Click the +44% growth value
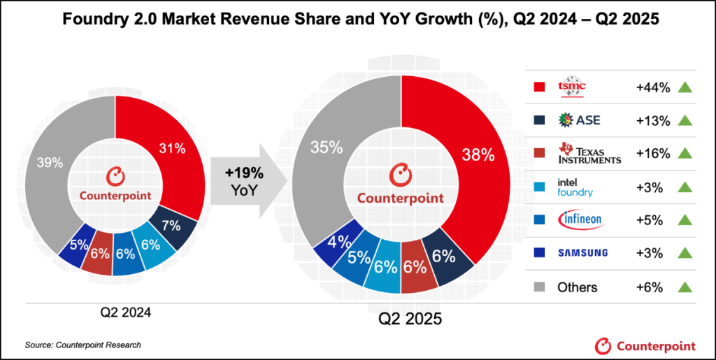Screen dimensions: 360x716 click(x=653, y=87)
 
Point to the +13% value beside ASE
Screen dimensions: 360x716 click(x=653, y=120)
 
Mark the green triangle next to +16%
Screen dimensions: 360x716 click(x=685, y=153)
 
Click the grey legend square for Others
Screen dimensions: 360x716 click(x=539, y=287)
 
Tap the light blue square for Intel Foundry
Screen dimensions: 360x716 click(x=539, y=187)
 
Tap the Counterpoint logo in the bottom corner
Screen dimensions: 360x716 click(x=645, y=345)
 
